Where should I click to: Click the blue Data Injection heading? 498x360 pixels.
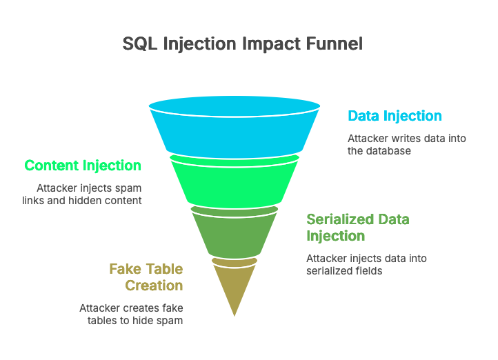click(395, 116)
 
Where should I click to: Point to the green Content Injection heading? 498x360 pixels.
click(83, 166)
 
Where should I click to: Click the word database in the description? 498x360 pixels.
click(389, 150)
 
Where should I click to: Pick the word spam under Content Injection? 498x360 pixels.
click(128, 188)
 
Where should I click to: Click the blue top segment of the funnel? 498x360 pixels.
click(235, 131)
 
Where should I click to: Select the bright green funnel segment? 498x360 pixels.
click(235, 181)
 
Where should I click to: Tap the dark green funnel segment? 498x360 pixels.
click(235, 231)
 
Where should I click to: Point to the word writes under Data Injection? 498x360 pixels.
click(404, 138)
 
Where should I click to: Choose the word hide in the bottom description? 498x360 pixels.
click(144, 321)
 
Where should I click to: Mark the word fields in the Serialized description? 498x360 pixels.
click(369, 271)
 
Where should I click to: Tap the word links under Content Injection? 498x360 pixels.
click(50, 200)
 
